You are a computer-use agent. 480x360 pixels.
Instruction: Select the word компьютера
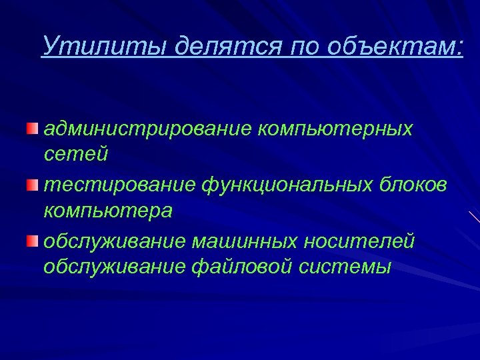click(108, 211)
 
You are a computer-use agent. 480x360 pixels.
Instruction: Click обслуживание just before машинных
click(110, 240)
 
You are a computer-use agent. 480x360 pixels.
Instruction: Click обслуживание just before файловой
click(110, 267)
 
